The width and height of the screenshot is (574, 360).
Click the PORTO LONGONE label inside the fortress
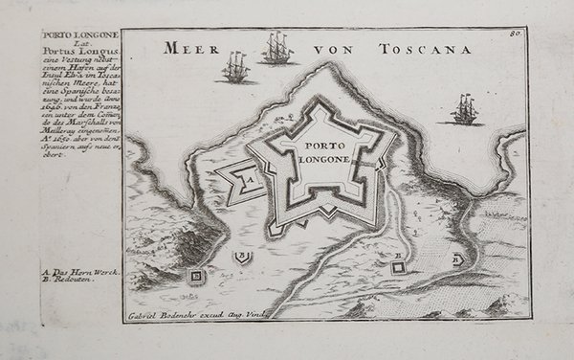tap(315, 152)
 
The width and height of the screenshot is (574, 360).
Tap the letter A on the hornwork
tap(246, 177)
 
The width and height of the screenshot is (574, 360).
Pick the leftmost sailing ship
tap(234, 68)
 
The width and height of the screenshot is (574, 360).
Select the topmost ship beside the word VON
tap(277, 49)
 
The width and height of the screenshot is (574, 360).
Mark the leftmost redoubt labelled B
tap(197, 277)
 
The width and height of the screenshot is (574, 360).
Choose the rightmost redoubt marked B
tap(457, 258)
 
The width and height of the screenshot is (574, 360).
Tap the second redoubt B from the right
tap(397, 267)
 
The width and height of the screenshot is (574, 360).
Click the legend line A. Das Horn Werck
tap(80, 273)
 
